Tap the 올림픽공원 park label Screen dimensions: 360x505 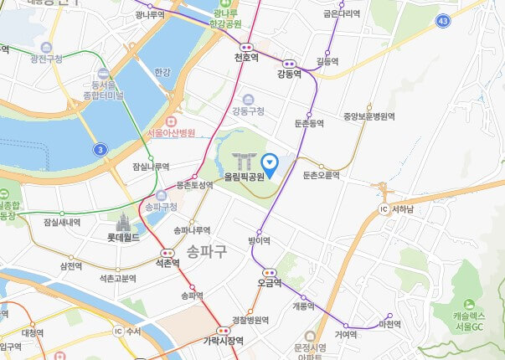(245, 177)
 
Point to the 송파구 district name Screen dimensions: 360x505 (208, 251)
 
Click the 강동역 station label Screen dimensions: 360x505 (289, 75)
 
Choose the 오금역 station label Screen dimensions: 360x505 (270, 283)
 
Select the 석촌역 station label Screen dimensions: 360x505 (167, 263)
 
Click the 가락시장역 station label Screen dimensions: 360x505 (223, 341)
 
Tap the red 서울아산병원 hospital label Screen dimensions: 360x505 (170, 133)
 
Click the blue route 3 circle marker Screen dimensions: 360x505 (100, 149)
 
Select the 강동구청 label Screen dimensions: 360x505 (248, 111)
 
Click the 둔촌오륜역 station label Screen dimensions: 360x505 (321, 175)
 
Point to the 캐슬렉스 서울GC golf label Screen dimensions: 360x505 (474, 320)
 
